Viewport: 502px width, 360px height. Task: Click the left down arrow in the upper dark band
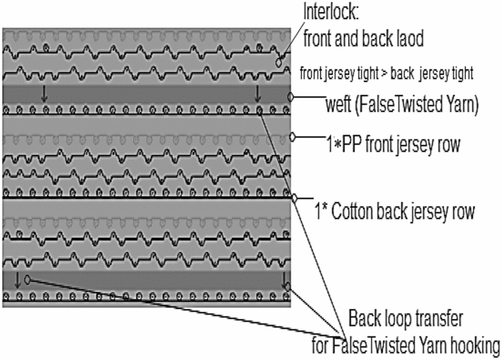tap(44, 93)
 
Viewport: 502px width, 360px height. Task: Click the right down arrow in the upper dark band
tap(258, 93)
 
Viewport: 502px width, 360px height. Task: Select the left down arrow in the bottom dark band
tap(17, 279)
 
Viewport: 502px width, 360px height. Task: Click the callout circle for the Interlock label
tap(279, 62)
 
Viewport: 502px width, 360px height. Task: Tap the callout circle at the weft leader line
tap(291, 96)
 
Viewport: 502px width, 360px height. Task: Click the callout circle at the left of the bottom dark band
tap(28, 279)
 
